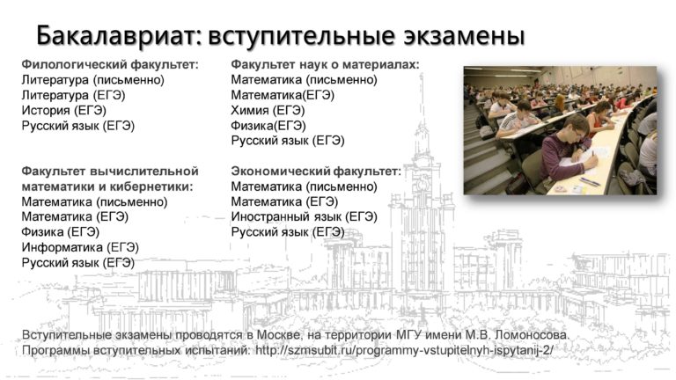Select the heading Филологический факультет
(110, 65)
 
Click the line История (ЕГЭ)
(63, 111)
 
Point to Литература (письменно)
(92, 80)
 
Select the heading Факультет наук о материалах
(325, 64)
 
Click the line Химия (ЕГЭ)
(268, 111)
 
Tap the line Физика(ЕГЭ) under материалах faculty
(268, 126)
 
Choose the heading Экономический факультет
(316, 172)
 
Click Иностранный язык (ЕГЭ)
(304, 216)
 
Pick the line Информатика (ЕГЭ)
(80, 247)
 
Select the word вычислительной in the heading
(144, 172)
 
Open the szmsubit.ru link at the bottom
(404, 350)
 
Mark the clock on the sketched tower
(422, 185)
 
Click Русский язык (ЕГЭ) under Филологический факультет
(78, 126)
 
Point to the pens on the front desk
(590, 181)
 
